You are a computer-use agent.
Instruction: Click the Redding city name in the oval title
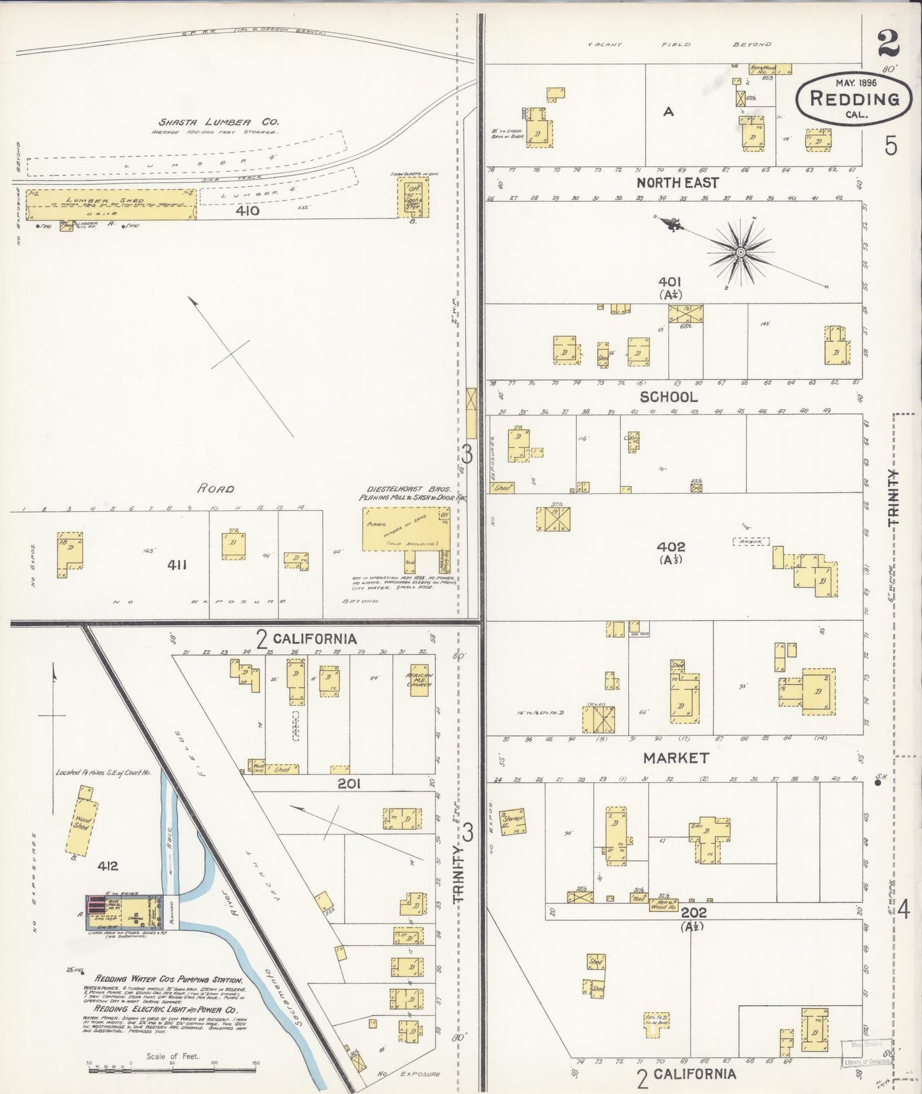(x=854, y=98)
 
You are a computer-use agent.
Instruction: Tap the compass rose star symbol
(x=740, y=253)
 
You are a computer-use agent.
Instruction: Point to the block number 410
(x=247, y=210)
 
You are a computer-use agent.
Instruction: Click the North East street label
(x=677, y=183)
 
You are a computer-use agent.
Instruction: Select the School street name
(x=669, y=396)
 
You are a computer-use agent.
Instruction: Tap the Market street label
(x=676, y=758)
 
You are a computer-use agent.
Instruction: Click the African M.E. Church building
(x=419, y=680)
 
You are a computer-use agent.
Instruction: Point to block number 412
(x=108, y=866)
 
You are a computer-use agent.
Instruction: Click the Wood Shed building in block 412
(x=82, y=820)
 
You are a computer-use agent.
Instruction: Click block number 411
(x=176, y=565)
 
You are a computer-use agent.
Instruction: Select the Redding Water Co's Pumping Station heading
(x=168, y=980)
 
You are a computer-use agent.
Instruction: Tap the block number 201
(x=349, y=783)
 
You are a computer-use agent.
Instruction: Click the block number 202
(x=693, y=913)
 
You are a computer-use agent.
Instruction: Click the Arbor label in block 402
(x=751, y=542)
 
